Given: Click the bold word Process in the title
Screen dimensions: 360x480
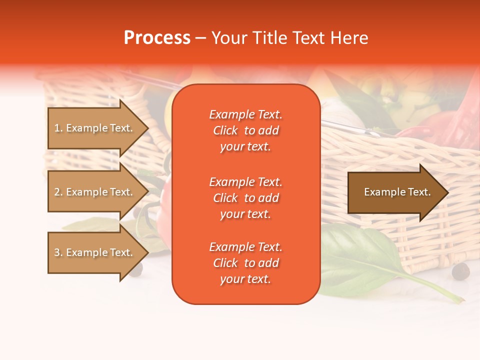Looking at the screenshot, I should click(x=157, y=38).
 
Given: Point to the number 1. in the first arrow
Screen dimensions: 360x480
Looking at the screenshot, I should click(x=58, y=128).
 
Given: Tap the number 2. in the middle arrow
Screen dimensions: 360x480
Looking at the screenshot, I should click(x=58, y=192).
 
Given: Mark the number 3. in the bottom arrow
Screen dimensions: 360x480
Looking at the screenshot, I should click(x=58, y=252).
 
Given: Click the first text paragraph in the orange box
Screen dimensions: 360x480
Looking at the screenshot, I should click(x=245, y=130).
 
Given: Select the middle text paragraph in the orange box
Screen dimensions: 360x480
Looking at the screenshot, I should click(x=245, y=198).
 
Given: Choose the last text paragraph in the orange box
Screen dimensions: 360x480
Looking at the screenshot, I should click(x=245, y=263).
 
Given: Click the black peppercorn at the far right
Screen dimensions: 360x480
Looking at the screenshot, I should click(x=460, y=272).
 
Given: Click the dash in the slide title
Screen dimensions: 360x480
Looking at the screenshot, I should click(x=200, y=38).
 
